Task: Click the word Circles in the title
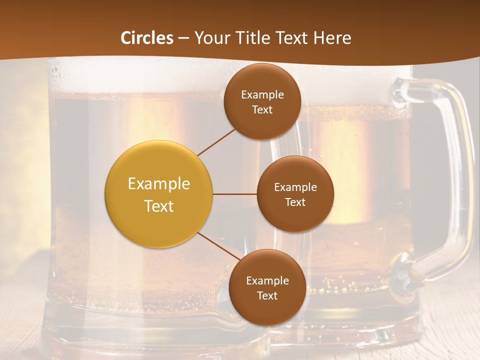147,38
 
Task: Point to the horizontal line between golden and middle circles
234,194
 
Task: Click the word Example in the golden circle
159,184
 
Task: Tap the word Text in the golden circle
159,206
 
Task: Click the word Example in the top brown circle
262,95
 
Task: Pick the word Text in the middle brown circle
295,202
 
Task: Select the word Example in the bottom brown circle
267,281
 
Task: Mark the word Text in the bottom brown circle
267,296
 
